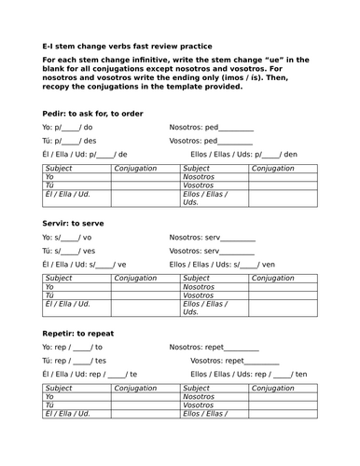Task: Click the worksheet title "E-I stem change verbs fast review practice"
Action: point(127,46)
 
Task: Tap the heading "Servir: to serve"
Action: point(73,224)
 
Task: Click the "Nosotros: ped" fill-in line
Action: point(211,127)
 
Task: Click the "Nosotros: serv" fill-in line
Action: point(212,238)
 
